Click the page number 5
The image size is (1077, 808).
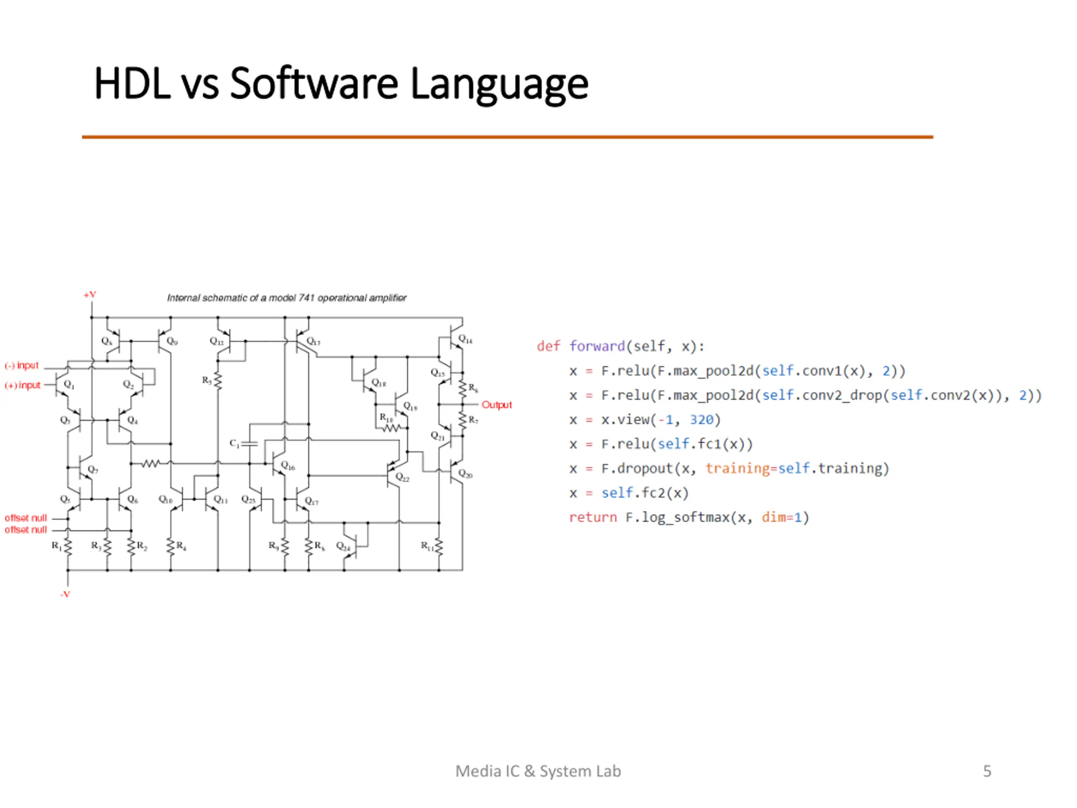pos(987,771)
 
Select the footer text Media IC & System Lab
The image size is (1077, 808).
pos(538,771)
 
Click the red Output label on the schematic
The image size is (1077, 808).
pos(496,405)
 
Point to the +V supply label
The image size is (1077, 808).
pos(90,295)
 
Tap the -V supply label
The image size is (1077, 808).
pos(65,594)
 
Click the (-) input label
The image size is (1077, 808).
pos(21,365)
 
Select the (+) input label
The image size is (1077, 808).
pos(22,385)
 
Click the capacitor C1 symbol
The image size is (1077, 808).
pos(249,444)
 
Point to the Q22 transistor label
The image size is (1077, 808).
pos(403,477)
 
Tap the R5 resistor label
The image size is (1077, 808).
pos(207,380)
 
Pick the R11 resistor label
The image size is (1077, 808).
pos(427,545)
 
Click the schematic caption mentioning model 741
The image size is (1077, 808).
pos(287,298)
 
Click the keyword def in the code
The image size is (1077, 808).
pos(548,346)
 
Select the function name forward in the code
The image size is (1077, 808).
pos(597,346)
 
